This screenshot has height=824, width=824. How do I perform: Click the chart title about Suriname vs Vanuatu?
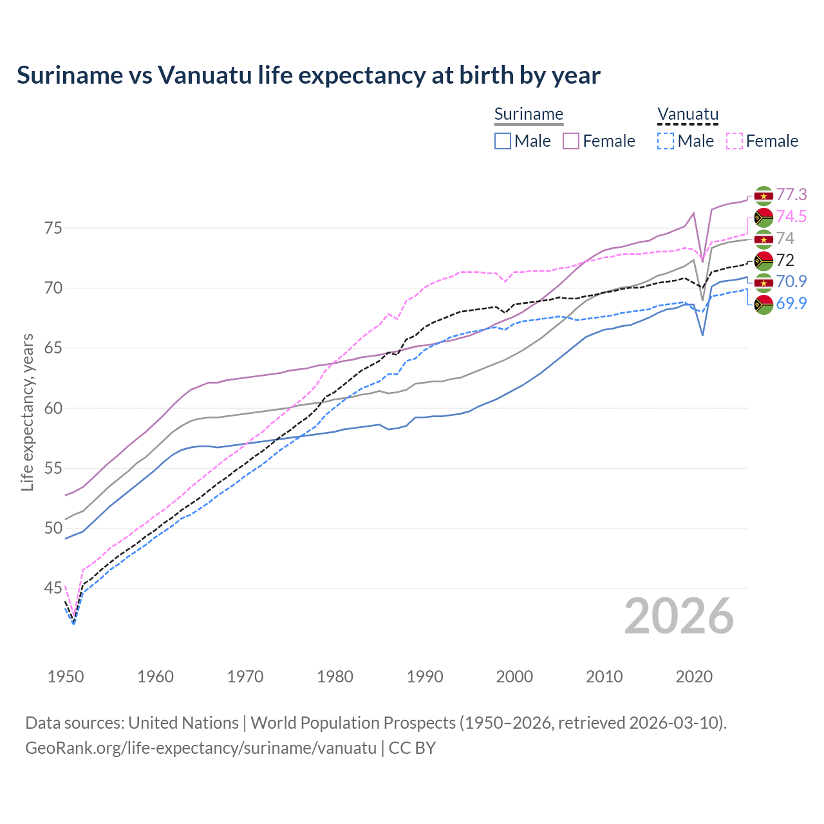coord(308,75)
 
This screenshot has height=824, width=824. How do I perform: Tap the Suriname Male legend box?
coord(503,141)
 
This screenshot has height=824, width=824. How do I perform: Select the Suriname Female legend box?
coord(571,141)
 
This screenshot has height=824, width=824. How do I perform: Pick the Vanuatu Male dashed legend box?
coord(666,141)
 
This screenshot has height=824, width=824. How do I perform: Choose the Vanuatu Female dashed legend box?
coord(735,141)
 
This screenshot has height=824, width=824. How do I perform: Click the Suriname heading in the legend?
coord(529,115)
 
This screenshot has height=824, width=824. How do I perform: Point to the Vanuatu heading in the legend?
coord(688,115)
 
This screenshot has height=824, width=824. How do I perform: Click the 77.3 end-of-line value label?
coord(791,194)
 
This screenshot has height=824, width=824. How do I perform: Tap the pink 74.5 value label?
coord(791,216)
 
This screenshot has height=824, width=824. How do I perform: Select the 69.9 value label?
coord(791,303)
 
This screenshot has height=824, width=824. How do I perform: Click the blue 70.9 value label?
coord(791,281)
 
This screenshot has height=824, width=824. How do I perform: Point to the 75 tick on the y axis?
coord(53,228)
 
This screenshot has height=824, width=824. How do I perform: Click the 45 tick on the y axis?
coord(53,588)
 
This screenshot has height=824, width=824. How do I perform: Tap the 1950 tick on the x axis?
coord(66,677)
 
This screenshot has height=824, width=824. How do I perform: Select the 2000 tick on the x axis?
coord(514,677)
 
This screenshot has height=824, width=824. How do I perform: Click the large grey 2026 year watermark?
coord(679,617)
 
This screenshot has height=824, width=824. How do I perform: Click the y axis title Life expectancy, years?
coord(27,413)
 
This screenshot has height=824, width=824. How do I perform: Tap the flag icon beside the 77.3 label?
coord(763,195)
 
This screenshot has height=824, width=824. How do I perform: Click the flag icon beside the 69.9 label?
coord(763,304)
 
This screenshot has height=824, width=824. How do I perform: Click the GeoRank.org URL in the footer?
coord(201,748)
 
